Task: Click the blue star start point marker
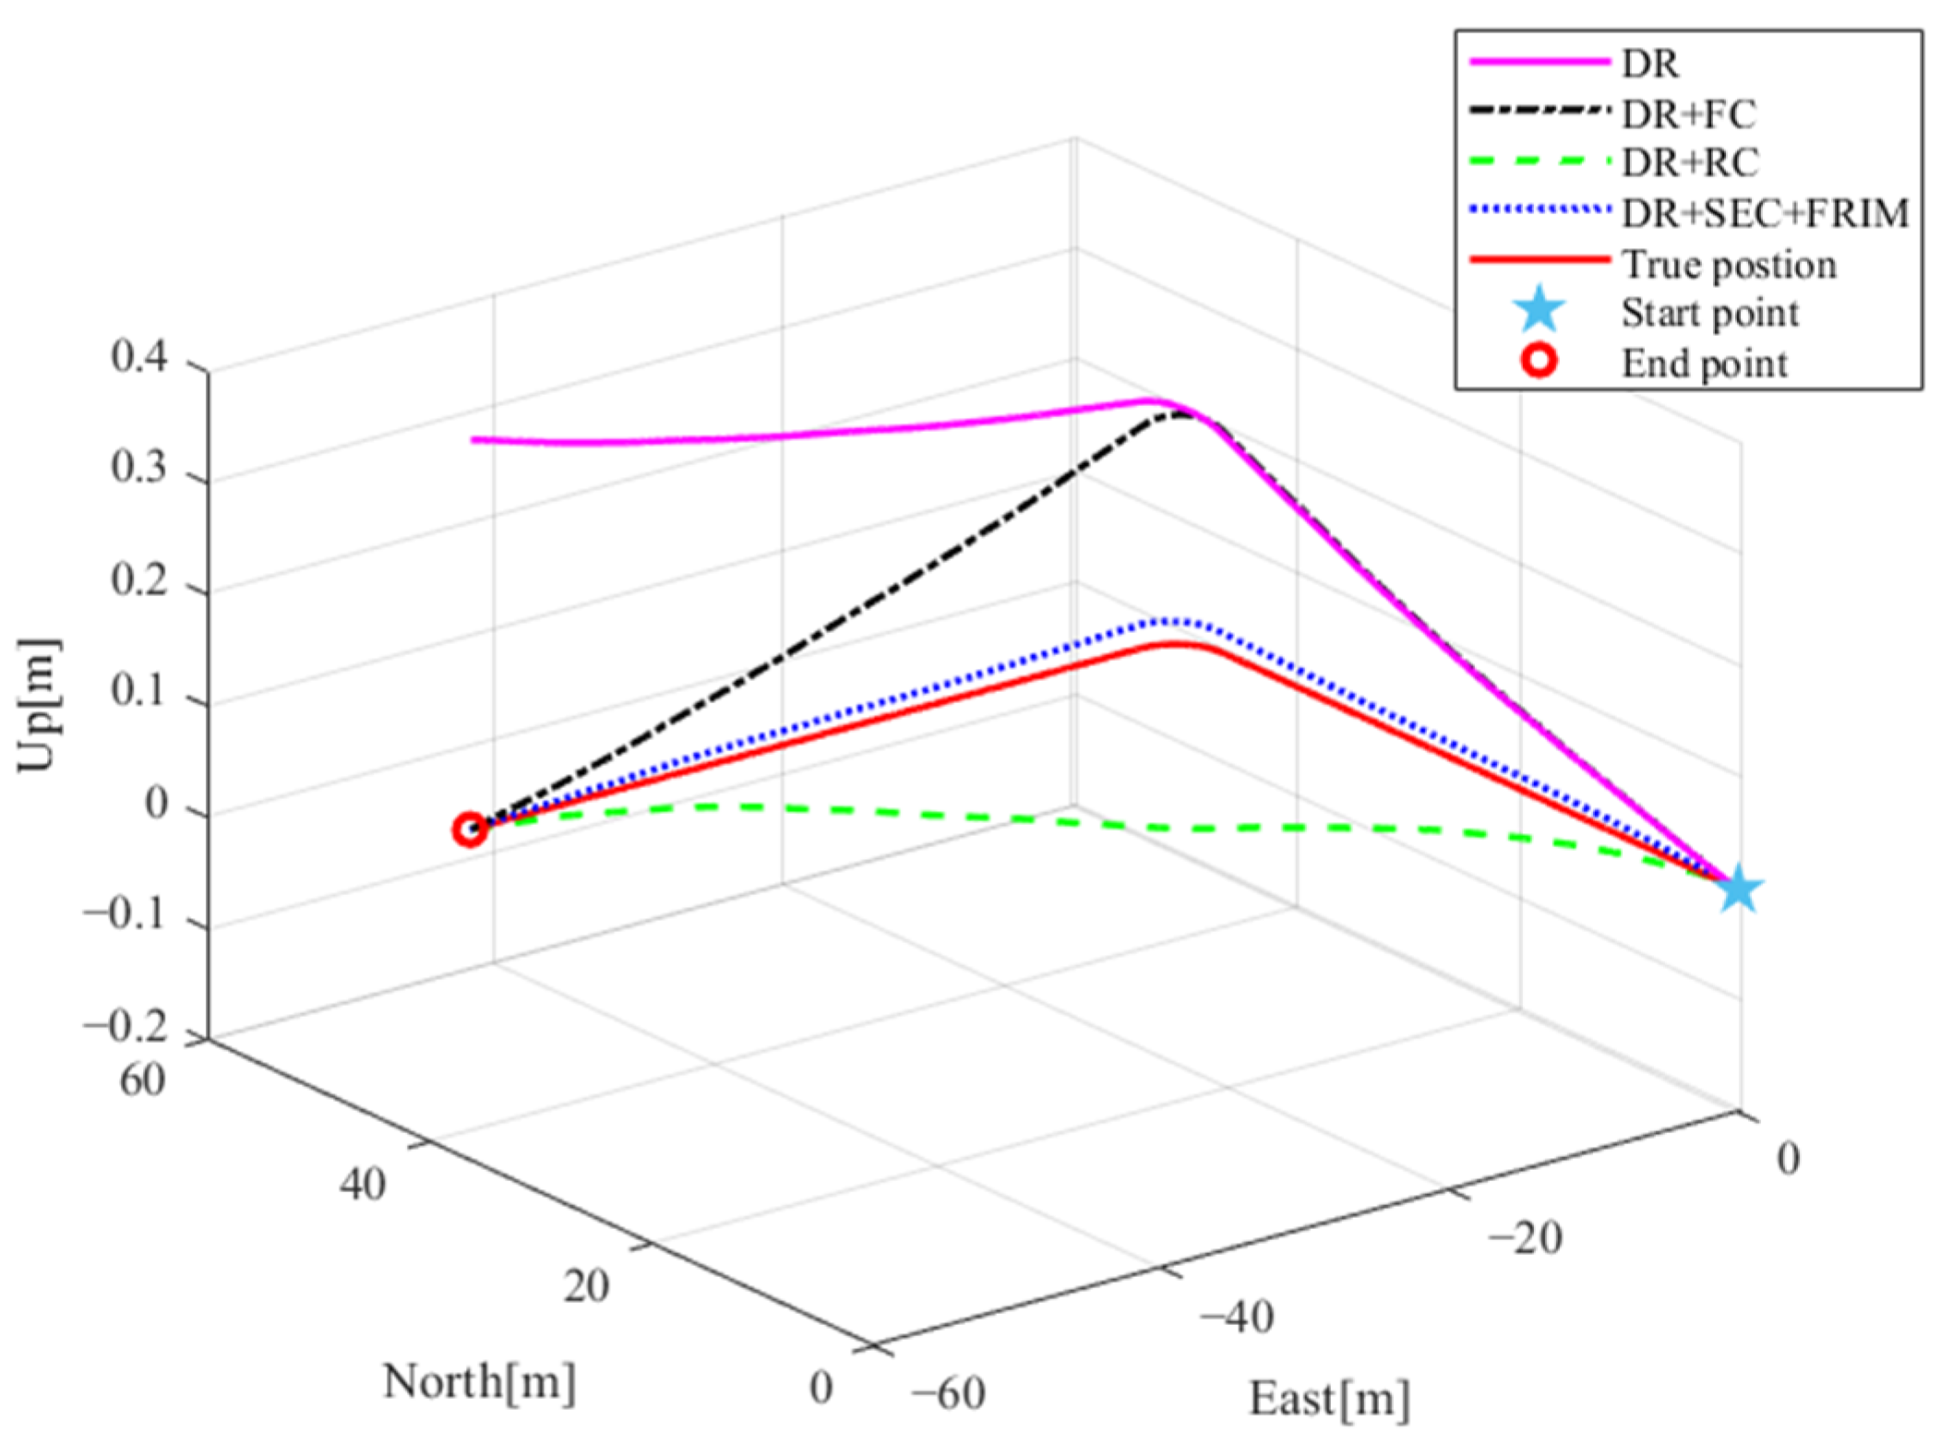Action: pyautogui.click(x=1739, y=889)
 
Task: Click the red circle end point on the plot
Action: pyautogui.click(x=470, y=829)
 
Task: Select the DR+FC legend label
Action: pyautogui.click(x=1688, y=113)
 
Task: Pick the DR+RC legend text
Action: pyautogui.click(x=1690, y=162)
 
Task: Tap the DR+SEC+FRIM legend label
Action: pyautogui.click(x=1765, y=213)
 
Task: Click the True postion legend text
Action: pyautogui.click(x=1729, y=264)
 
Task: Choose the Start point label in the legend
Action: pyautogui.click(x=1709, y=313)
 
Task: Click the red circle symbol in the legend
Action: pyautogui.click(x=1539, y=362)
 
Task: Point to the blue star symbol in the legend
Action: pyautogui.click(x=1539, y=311)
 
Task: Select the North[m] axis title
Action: pyautogui.click(x=479, y=1381)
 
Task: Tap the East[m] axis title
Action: pyautogui.click(x=1329, y=1398)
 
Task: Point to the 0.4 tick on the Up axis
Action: pyautogui.click(x=139, y=356)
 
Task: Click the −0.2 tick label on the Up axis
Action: pyautogui.click(x=126, y=1028)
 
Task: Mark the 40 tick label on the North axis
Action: pyautogui.click(x=362, y=1184)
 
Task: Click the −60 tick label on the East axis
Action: pyautogui.click(x=947, y=1392)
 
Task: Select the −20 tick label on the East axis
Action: pyautogui.click(x=1525, y=1236)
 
